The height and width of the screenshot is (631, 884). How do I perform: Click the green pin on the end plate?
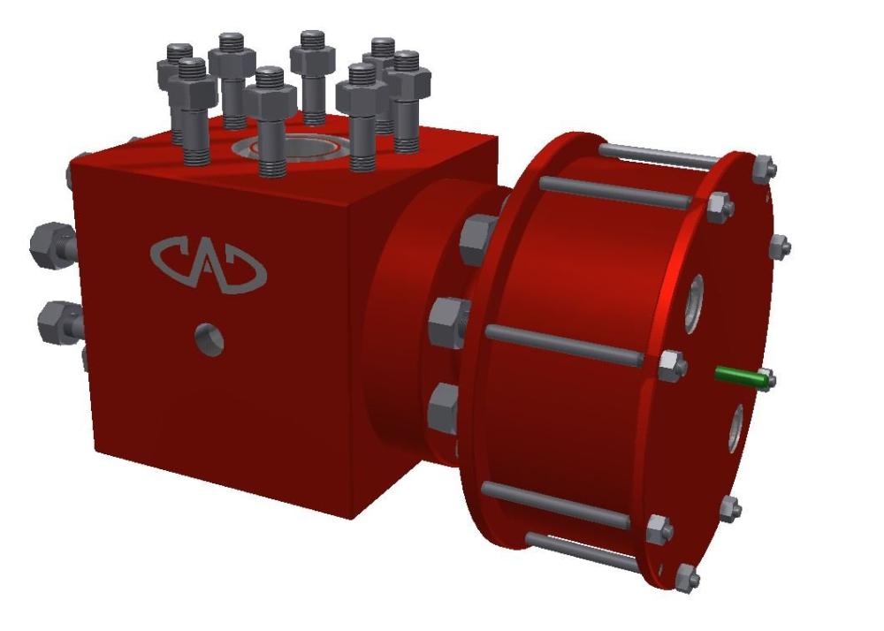(741, 376)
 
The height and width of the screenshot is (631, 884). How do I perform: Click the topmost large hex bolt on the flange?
(478, 238)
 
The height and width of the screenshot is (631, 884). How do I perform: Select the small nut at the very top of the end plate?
(766, 165)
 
